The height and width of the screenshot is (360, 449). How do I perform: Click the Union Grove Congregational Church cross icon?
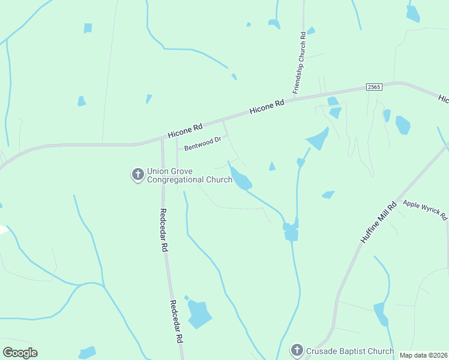point(137,175)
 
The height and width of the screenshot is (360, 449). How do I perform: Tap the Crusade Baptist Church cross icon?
point(297,350)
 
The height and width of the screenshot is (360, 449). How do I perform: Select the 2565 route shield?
point(374,88)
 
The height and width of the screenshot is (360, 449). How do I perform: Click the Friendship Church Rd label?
point(300,62)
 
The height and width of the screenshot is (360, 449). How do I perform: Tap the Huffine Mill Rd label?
point(378,222)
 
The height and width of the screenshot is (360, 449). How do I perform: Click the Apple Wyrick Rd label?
point(425,210)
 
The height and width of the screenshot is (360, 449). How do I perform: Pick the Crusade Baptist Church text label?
point(350,351)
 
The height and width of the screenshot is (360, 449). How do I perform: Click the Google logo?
point(20,353)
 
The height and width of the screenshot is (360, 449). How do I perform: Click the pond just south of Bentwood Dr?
point(241,179)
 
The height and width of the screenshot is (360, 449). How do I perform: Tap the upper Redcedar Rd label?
point(163,230)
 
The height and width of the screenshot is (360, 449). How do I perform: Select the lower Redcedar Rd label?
point(176,321)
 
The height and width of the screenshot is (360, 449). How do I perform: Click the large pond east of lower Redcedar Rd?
point(199,313)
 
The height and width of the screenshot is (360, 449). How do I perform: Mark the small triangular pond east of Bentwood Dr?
point(272,166)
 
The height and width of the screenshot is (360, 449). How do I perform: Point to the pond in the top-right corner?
point(413,13)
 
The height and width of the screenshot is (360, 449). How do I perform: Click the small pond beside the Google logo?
point(88,352)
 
